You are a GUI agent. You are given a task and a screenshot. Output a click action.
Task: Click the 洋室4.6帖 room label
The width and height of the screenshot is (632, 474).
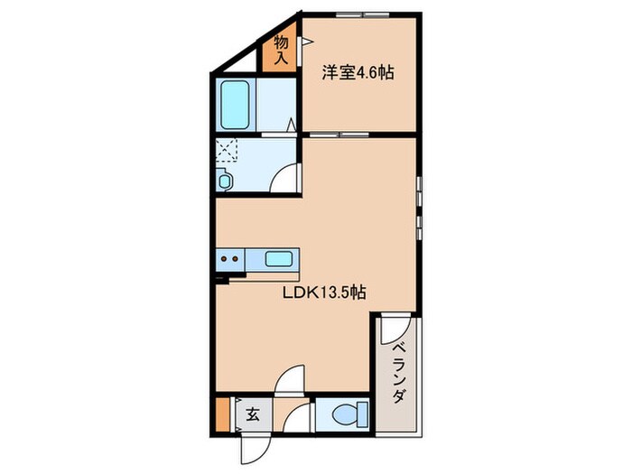[358, 73]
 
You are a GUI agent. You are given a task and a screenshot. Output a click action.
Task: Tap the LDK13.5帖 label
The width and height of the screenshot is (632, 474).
[324, 293]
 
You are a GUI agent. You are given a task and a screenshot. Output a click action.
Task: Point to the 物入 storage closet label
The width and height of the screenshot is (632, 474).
[281, 50]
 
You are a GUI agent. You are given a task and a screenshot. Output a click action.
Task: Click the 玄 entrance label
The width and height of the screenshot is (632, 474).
[253, 414]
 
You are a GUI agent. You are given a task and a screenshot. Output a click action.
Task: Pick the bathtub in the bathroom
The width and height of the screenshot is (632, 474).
[235, 105]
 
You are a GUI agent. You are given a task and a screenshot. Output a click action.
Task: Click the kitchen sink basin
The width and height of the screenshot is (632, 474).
[278, 259]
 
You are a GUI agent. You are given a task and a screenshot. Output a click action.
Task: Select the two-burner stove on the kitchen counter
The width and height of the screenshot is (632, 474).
[229, 260]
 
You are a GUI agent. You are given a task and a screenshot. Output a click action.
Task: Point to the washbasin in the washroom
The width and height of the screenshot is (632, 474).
[224, 180]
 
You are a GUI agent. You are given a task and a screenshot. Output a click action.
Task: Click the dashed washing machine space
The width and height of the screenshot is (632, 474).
[227, 150]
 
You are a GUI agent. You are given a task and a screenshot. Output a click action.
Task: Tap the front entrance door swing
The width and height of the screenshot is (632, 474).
[255, 450]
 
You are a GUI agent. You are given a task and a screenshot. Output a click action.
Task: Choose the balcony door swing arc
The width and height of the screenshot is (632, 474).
[395, 330]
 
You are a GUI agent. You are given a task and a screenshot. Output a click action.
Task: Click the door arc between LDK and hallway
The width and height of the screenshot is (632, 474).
[290, 378]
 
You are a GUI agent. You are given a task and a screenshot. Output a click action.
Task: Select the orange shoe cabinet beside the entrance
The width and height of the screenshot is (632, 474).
[222, 414]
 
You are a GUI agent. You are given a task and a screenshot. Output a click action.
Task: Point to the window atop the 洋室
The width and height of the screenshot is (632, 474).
[363, 15]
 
